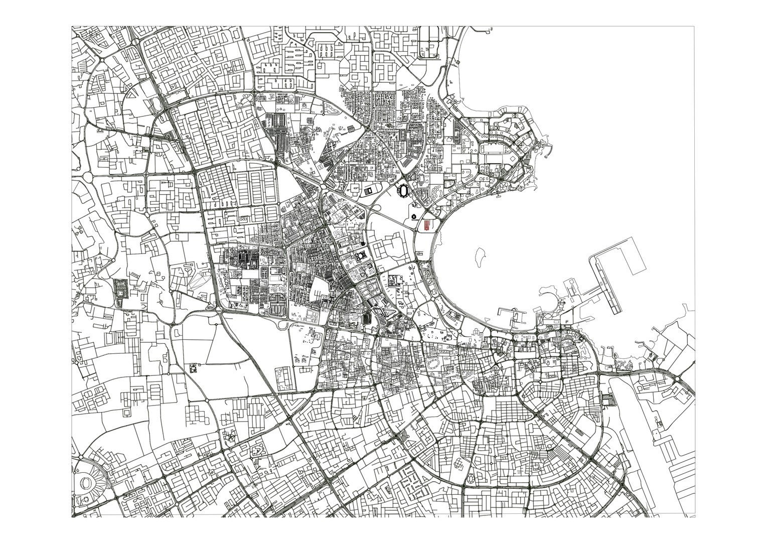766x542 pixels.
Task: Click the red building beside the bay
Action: coord(427,225)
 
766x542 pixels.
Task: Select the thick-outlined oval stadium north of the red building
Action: coord(403,191)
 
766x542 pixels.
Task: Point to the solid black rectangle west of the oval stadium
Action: coord(369,191)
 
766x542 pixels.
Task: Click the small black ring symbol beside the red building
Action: coord(413,216)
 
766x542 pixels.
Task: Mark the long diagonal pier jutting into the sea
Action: coord(607,286)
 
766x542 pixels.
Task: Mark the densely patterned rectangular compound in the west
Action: coord(120,293)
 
